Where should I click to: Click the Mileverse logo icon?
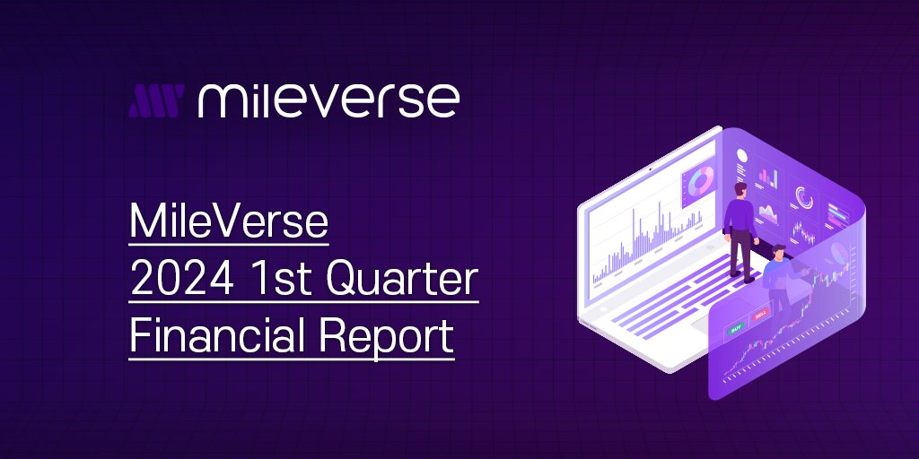pyautogui.click(x=155, y=102)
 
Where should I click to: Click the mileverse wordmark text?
pyautogui.click(x=328, y=100)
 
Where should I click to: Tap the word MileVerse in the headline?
pyautogui.click(x=229, y=221)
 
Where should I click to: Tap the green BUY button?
pyautogui.click(x=738, y=330)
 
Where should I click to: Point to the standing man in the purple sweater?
pyautogui.click(x=740, y=229)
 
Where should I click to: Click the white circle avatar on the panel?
pyautogui.click(x=741, y=154)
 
